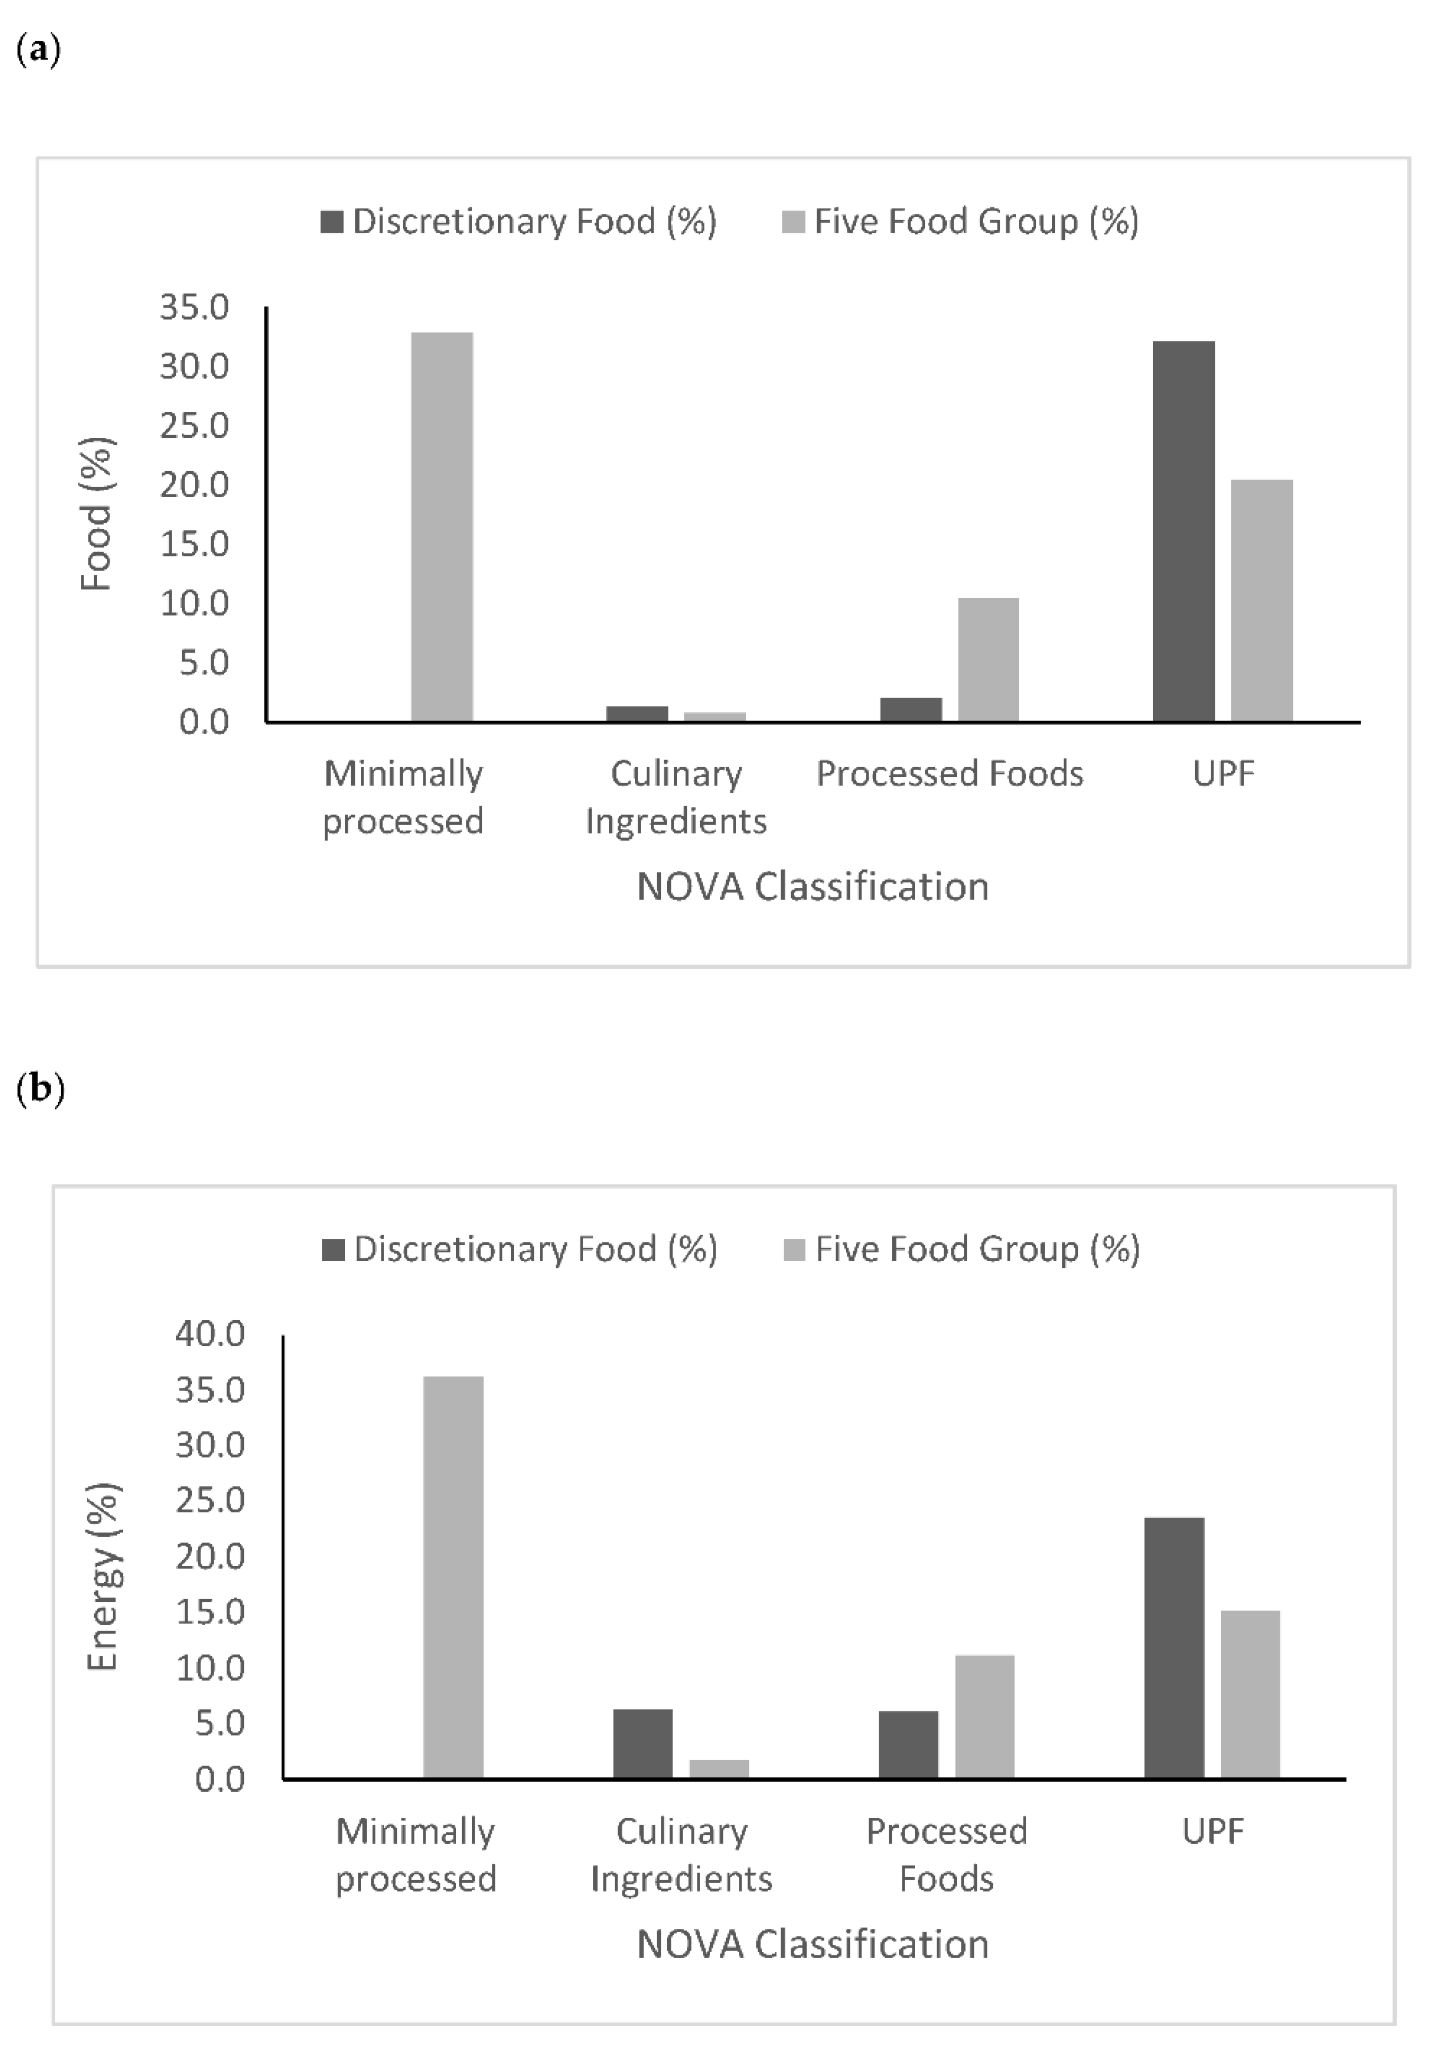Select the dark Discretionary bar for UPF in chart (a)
pos(1183,530)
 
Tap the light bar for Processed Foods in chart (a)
pos(988,659)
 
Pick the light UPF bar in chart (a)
pos(1262,600)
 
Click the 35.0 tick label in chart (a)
pos(194,308)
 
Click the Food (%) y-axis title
pos(96,515)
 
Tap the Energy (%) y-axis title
pos(103,1576)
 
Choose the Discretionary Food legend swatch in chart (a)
pos(332,221)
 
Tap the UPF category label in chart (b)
pos(1212,1831)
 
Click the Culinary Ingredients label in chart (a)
pos(676,796)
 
